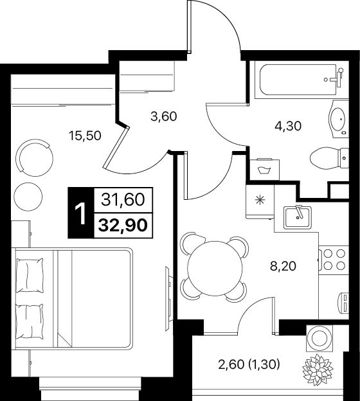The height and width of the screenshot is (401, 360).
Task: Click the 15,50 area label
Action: click(85, 136)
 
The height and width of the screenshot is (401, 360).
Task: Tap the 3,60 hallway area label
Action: click(164, 116)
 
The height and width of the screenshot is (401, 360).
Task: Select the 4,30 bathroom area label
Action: click(288, 126)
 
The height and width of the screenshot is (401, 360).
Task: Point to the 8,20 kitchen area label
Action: click(283, 266)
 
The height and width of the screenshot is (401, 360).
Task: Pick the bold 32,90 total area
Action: click(123, 226)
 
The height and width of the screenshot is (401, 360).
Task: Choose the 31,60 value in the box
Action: click(123, 199)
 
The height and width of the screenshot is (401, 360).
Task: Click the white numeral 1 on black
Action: click(81, 213)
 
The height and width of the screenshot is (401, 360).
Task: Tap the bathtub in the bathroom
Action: click(298, 80)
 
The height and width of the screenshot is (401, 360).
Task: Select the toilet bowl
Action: click(329, 158)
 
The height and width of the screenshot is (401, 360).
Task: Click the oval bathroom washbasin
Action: click(338, 119)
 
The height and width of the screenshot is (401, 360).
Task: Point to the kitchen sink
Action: click(298, 217)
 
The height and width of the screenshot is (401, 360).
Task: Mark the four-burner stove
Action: click(334, 260)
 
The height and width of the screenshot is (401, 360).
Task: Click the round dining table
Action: click(215, 268)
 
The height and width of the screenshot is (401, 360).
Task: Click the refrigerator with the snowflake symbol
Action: click(260, 201)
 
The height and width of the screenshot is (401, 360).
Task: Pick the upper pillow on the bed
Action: click(30, 275)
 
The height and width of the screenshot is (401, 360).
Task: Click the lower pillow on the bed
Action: click(29, 321)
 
